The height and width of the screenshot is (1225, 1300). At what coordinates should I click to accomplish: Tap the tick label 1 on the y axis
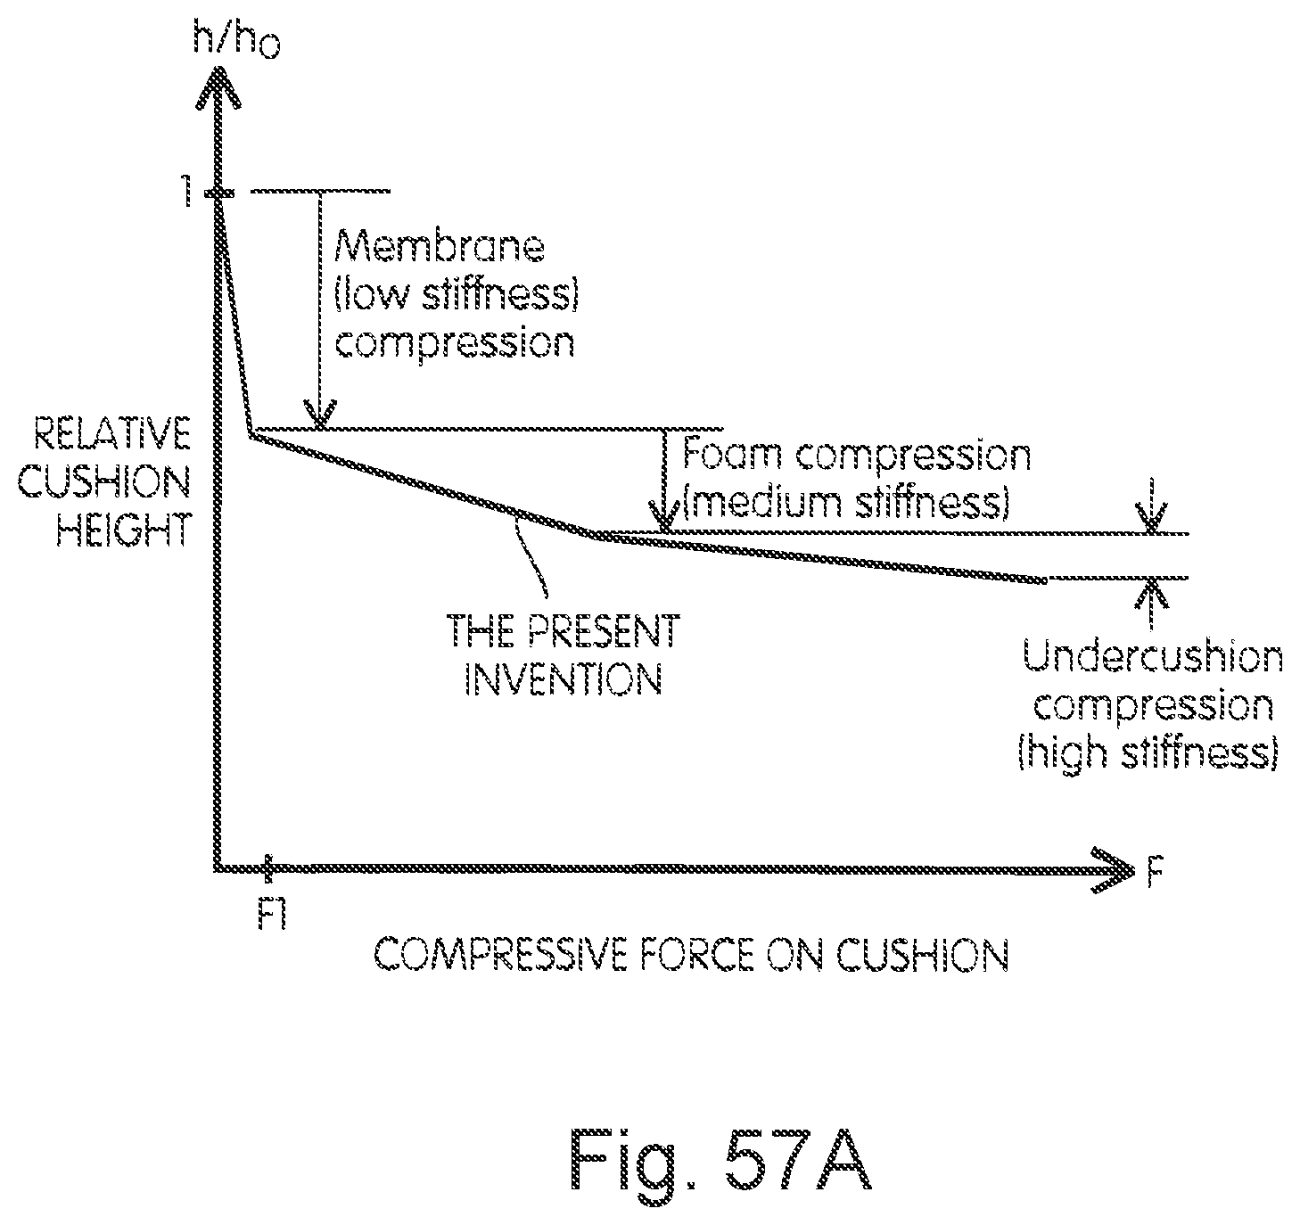tap(187, 193)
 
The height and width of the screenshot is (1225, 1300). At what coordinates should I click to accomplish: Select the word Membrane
tap(439, 247)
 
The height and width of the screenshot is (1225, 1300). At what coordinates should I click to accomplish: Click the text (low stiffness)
tap(457, 295)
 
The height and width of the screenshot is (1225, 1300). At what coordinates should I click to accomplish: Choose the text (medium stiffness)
tap(845, 503)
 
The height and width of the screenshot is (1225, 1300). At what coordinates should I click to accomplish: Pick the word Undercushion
tap(1153, 658)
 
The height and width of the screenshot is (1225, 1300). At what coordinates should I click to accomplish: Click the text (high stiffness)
tap(1148, 754)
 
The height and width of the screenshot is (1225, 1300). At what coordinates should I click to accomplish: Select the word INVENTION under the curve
tap(564, 681)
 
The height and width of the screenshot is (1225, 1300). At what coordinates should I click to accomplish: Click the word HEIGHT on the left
tap(124, 532)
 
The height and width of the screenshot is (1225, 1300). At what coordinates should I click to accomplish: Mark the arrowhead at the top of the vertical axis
tap(217, 85)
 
